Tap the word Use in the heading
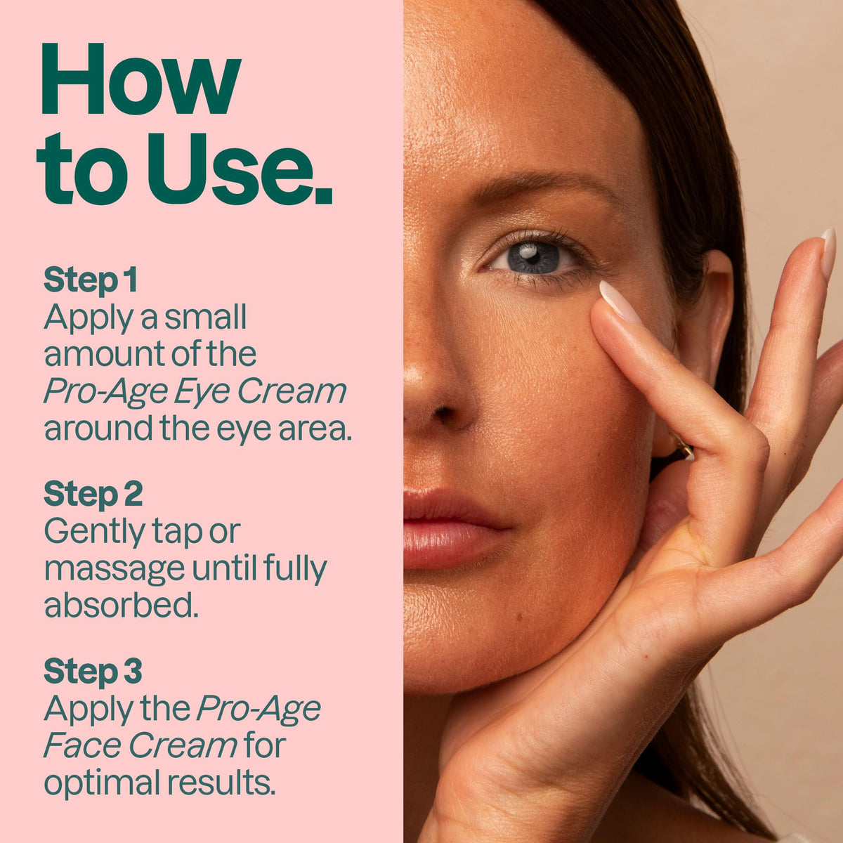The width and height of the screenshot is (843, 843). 230,169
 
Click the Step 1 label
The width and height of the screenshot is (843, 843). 91,280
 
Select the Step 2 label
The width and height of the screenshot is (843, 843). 93,494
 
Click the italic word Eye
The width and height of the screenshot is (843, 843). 202,392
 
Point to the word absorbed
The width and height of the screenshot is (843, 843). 121,605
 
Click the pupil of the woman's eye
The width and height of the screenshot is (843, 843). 532,257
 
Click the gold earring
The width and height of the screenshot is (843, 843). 683,449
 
